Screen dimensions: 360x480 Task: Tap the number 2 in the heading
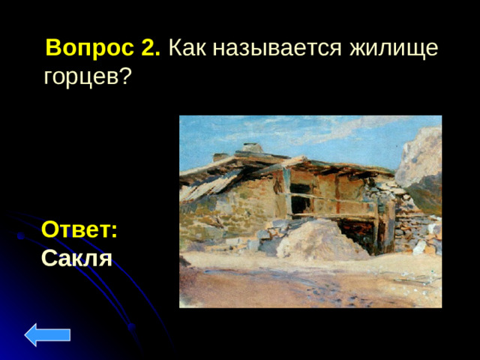(150, 49)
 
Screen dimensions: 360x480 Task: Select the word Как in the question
(187, 49)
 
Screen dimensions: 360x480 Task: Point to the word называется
(276, 49)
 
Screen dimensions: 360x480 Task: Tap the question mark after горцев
(125, 76)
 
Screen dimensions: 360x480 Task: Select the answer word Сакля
(76, 259)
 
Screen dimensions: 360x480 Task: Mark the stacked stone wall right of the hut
(409, 225)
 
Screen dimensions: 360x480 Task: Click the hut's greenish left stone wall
(217, 214)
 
